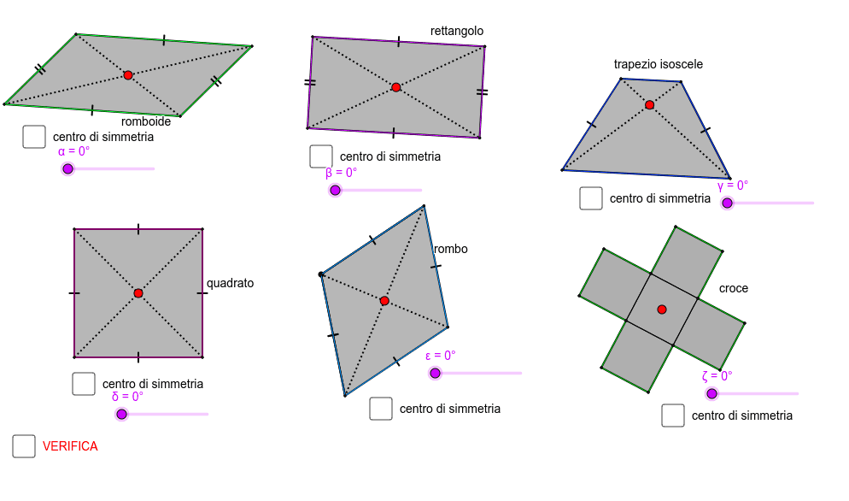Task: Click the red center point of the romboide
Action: coord(128,75)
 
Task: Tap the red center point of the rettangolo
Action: coord(395,87)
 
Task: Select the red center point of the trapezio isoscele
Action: coord(649,105)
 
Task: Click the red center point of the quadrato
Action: coord(138,293)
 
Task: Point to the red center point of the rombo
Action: coord(384,301)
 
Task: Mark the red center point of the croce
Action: coord(662,309)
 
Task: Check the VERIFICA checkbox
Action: coord(24,446)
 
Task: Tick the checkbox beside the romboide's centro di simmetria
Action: coord(34,137)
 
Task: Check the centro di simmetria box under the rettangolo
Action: coord(321,156)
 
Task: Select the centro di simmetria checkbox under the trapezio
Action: coord(591,198)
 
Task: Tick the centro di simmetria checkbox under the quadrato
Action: coord(84,384)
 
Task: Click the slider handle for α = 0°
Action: coord(68,168)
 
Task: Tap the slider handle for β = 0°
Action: coord(336,190)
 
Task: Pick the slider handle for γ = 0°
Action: coord(727,203)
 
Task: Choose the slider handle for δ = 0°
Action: coord(121,414)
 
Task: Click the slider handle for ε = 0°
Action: coord(436,373)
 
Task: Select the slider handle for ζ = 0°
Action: coord(711,393)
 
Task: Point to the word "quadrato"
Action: coord(230,283)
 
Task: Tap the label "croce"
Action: coord(733,288)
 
